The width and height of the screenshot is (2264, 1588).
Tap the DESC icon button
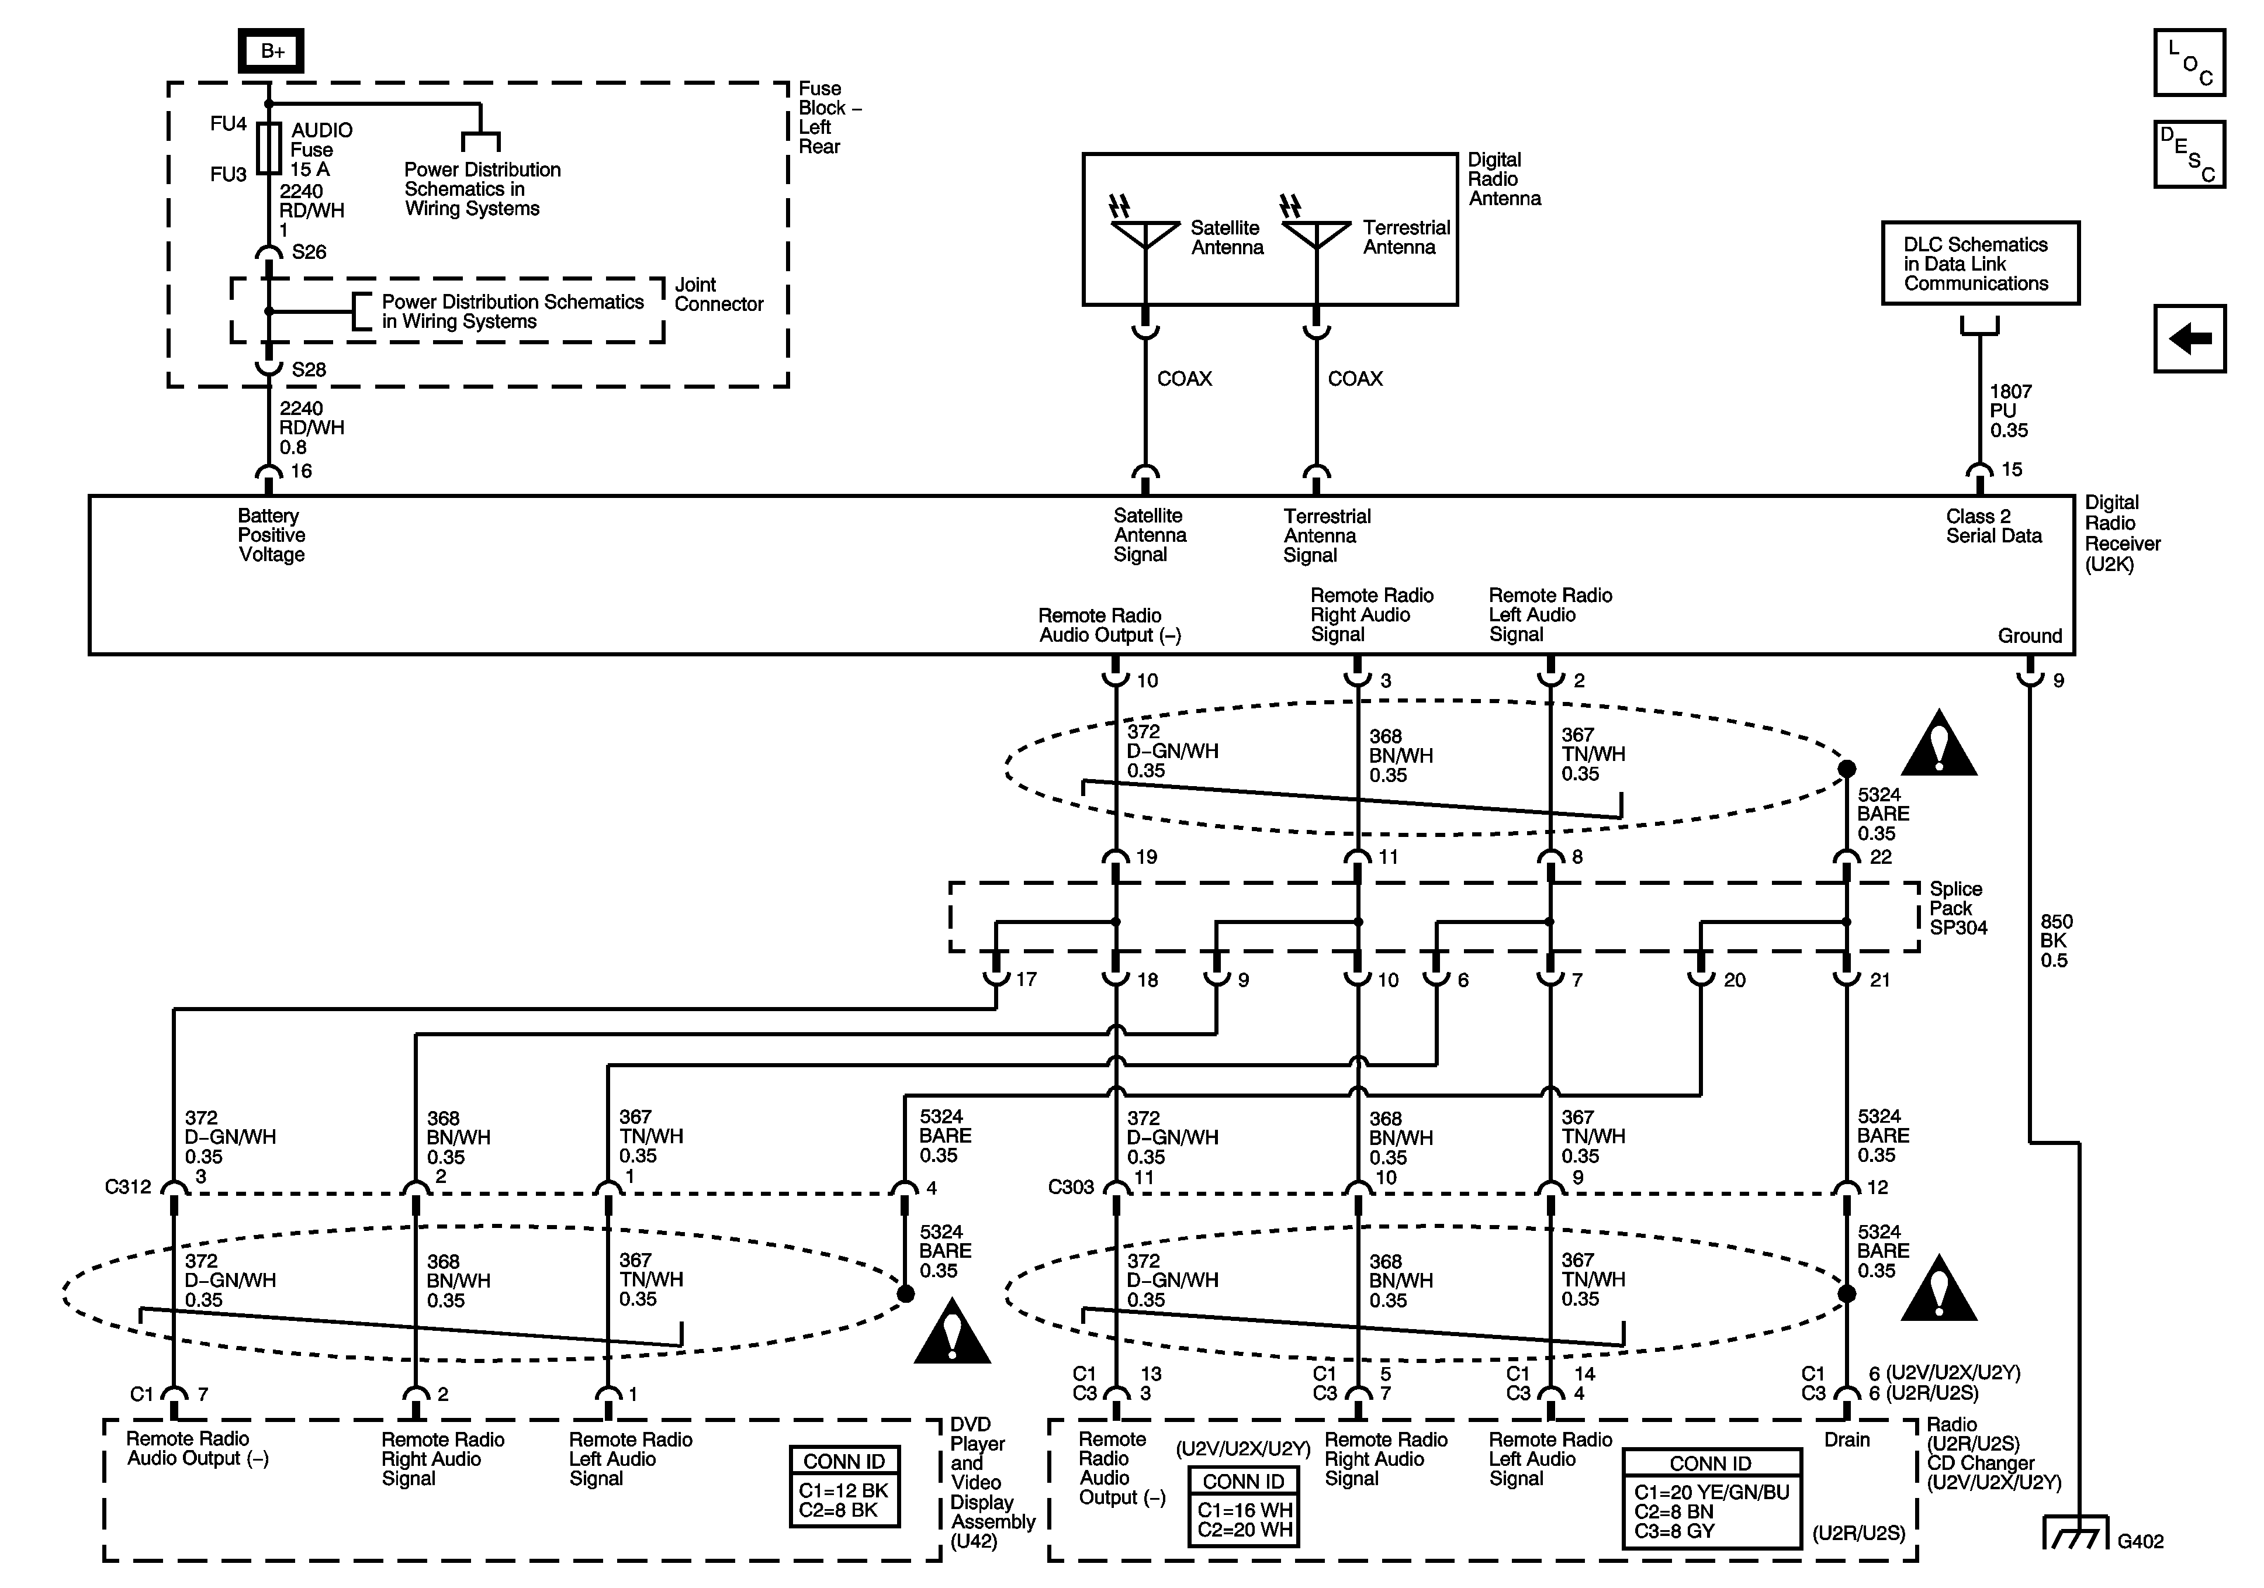point(2189,154)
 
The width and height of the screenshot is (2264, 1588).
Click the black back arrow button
point(2189,338)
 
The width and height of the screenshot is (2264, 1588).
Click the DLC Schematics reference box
point(1980,264)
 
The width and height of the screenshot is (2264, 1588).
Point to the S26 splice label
point(309,252)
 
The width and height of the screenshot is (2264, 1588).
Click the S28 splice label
point(309,370)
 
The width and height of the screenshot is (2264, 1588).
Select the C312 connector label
point(128,1186)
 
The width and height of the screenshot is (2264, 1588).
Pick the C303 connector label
point(1071,1186)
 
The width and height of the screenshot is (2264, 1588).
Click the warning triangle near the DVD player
point(951,1334)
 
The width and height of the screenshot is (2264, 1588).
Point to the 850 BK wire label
point(2056,941)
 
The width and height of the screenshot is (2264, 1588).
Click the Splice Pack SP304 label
point(1957,908)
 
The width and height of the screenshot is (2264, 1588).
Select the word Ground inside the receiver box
point(2029,636)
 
